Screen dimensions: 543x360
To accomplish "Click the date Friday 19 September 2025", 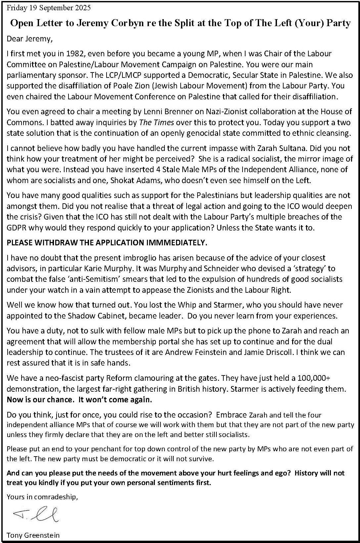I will (x=48, y=8).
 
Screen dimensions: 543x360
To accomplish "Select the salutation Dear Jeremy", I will (x=29, y=39).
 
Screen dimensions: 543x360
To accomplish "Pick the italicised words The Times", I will (x=157, y=123).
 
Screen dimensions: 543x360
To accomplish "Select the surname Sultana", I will (x=242, y=148).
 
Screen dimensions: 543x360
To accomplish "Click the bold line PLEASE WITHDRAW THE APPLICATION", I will (x=107, y=243).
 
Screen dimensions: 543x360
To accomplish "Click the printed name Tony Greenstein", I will (x=33, y=535).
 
